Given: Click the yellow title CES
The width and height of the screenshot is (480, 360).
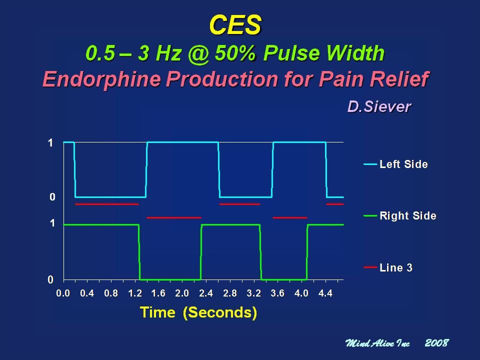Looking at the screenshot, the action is point(235,25).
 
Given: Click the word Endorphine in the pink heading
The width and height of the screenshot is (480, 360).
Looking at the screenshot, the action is point(101,79).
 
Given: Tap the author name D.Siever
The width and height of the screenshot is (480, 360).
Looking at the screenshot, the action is point(379,106).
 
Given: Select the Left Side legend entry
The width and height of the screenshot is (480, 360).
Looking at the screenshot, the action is point(396,164).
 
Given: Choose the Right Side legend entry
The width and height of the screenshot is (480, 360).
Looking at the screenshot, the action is point(400,216).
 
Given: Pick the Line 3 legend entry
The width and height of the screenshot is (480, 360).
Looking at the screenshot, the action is point(388,267).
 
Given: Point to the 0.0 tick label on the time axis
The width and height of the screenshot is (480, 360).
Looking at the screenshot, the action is point(63,293).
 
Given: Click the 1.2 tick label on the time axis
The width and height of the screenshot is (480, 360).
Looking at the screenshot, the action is point(134,293).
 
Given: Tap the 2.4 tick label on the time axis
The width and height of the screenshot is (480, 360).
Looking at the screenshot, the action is point(206,293).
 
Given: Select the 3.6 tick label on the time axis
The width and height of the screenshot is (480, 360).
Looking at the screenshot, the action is point(277,293).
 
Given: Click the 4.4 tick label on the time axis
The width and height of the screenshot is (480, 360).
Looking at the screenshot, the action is point(325,293).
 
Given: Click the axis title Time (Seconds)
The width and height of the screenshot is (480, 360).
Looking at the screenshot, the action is point(198,312).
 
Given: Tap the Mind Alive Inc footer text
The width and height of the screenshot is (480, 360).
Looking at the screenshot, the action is point(377,343).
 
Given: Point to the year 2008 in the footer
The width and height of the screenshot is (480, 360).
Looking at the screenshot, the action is point(437,343).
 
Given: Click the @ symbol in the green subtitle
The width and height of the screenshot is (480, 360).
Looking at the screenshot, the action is point(199,54).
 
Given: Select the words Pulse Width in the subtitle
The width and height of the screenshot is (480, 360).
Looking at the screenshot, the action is point(323,53).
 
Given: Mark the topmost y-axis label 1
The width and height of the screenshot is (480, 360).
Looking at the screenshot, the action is point(50,142).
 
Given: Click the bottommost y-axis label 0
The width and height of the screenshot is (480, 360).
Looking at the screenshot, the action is point(50,280).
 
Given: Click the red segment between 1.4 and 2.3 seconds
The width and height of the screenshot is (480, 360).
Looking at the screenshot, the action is point(174,217).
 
